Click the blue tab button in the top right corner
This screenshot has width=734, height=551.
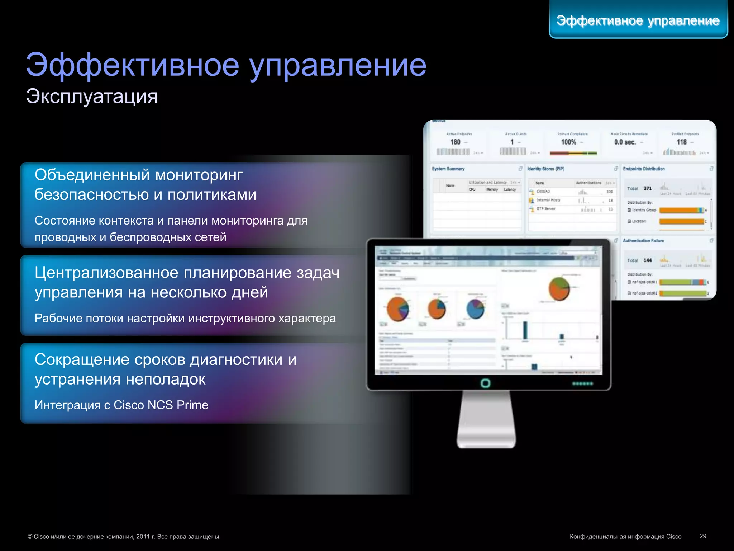pyautogui.click(x=638, y=20)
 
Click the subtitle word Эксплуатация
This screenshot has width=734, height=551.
pyautogui.click(x=92, y=96)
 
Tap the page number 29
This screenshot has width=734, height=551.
pyautogui.click(x=702, y=536)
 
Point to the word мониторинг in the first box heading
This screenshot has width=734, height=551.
pyautogui.click(x=199, y=175)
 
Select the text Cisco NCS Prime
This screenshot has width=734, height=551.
pyautogui.click(x=161, y=405)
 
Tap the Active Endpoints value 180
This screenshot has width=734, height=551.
pyautogui.click(x=455, y=142)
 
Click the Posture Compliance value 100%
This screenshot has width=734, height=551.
pyautogui.click(x=568, y=142)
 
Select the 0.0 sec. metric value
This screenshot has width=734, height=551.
pyautogui.click(x=625, y=142)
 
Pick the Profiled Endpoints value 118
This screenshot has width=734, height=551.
pyautogui.click(x=681, y=142)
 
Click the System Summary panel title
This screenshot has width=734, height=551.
pyautogui.click(x=448, y=169)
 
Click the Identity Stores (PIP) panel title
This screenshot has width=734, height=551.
pyautogui.click(x=545, y=169)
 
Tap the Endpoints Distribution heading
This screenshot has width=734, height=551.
pyautogui.click(x=644, y=169)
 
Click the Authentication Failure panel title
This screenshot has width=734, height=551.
pyautogui.click(x=643, y=241)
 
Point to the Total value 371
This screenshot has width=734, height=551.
pyautogui.click(x=647, y=188)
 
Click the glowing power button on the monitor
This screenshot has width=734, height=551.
pyautogui.click(x=485, y=383)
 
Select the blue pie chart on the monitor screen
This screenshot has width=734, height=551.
pyautogui.click(x=475, y=309)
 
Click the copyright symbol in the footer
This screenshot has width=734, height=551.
pyautogui.click(x=30, y=537)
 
